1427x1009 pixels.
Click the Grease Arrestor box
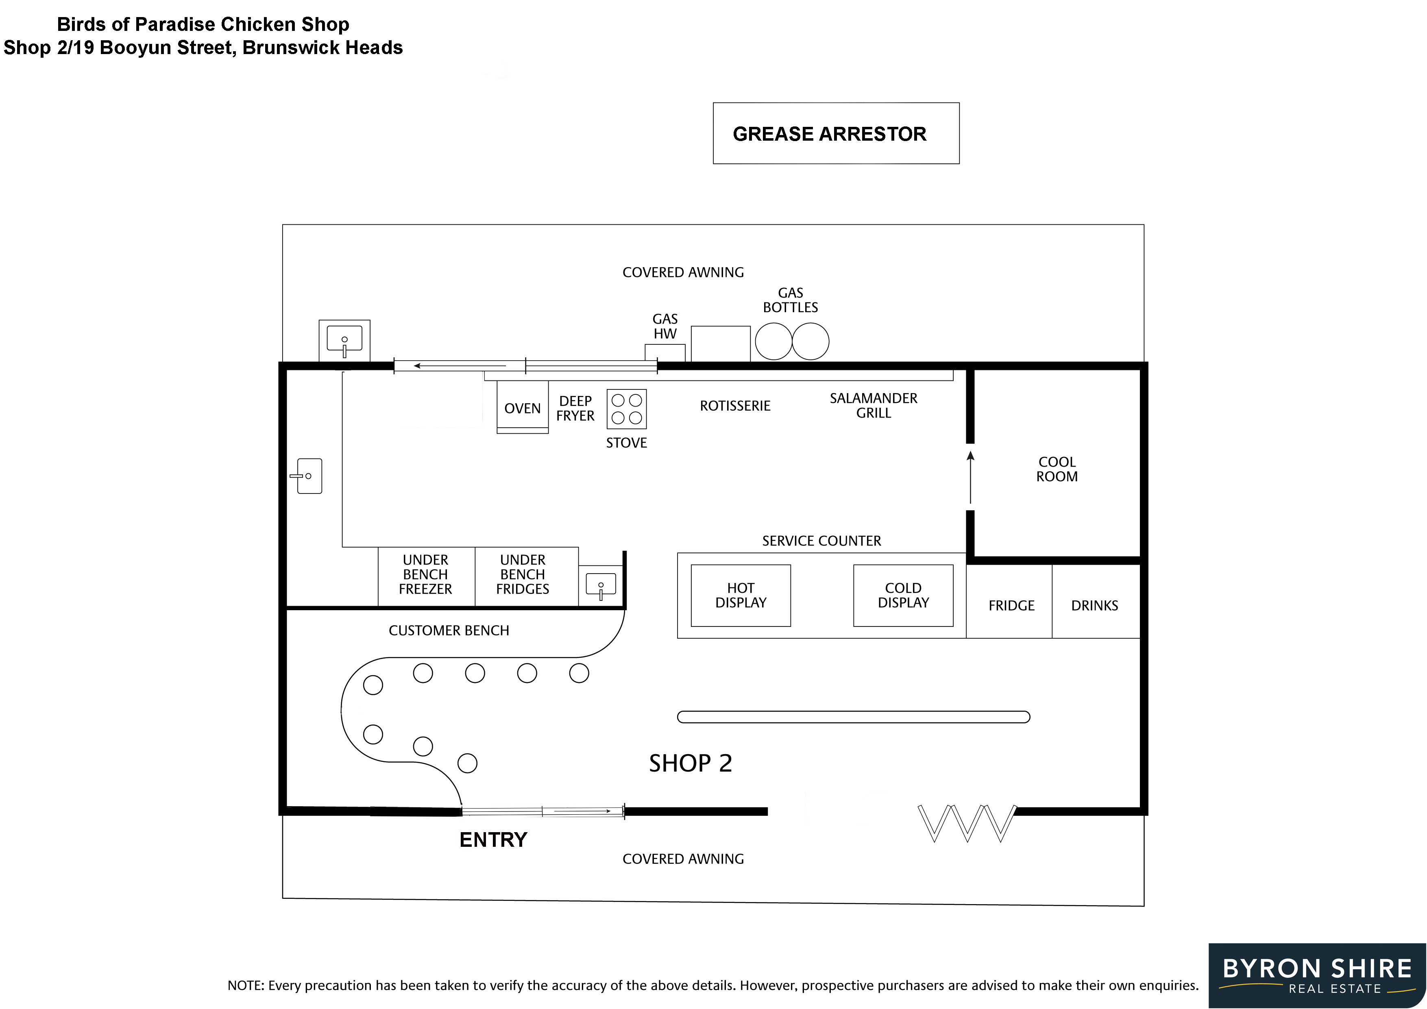pyautogui.click(x=836, y=134)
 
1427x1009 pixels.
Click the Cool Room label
pyautogui.click(x=1057, y=470)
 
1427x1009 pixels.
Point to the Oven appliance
pyautogui.click(x=522, y=408)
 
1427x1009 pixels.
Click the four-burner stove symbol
pyautogui.click(x=627, y=409)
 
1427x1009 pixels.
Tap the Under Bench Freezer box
pyautogui.click(x=426, y=575)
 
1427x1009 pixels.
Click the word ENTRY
pyautogui.click(x=493, y=840)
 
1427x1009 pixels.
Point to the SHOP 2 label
pyautogui.click(x=691, y=763)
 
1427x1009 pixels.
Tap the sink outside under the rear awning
pyautogui.click(x=344, y=341)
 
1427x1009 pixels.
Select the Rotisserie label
pyautogui.click(x=734, y=406)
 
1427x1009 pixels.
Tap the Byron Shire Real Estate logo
pyautogui.click(x=1317, y=975)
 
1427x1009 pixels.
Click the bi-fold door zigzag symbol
pyautogui.click(x=967, y=823)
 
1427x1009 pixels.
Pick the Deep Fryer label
pyautogui.click(x=575, y=408)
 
